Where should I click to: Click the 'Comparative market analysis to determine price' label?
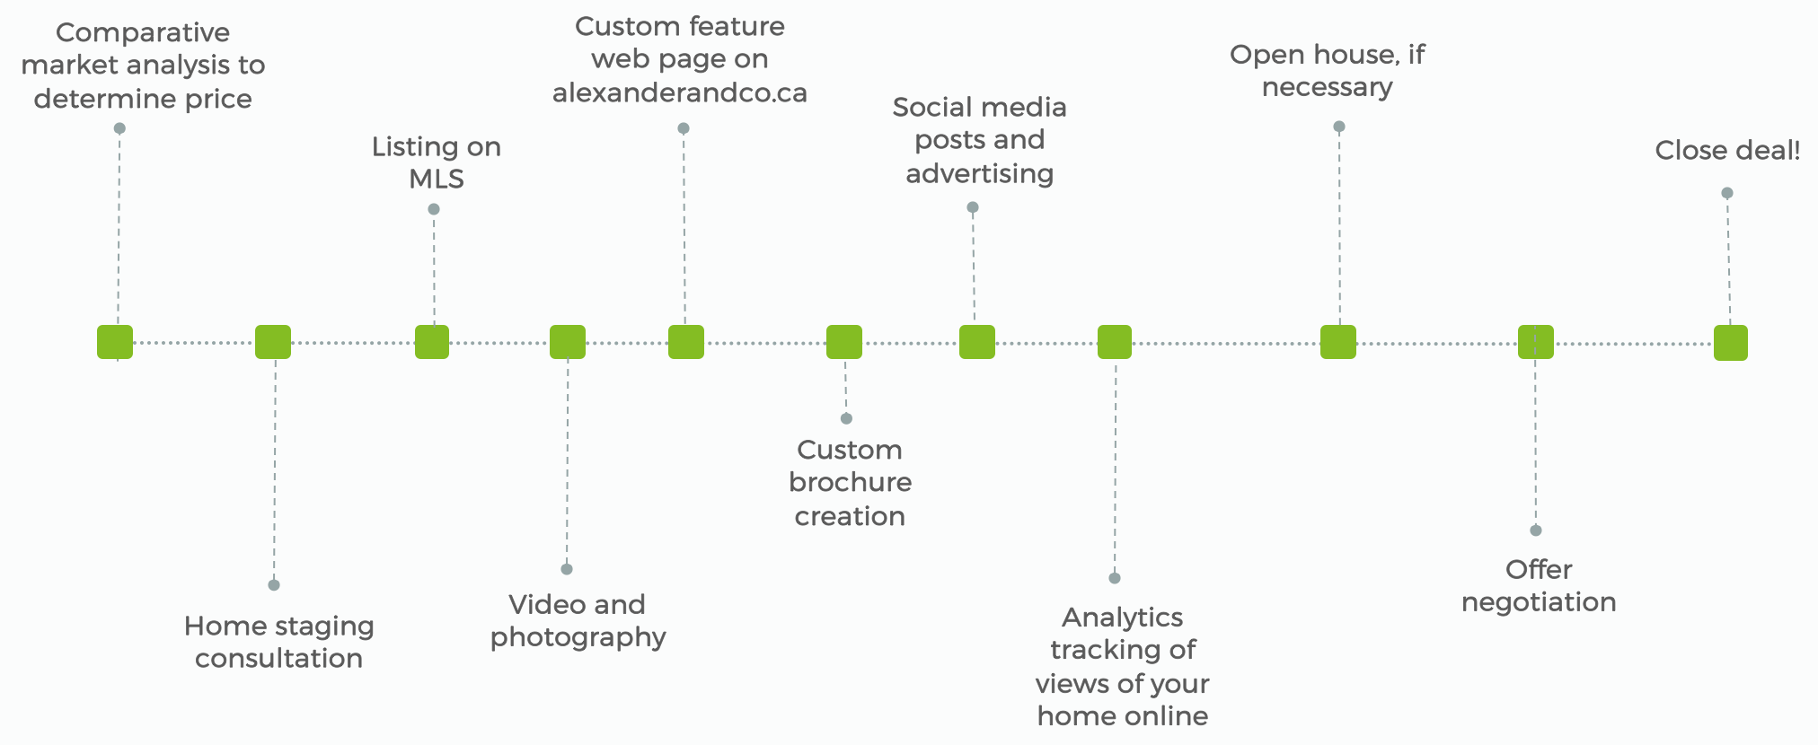pyautogui.click(x=143, y=66)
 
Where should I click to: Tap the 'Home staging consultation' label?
pyautogui.click(x=278, y=642)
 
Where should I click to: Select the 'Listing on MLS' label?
pyautogui.click(x=437, y=162)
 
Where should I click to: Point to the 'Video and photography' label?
pyautogui.click(x=578, y=620)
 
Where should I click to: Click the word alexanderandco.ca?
pyautogui.click(x=680, y=92)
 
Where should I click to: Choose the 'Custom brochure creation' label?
pyautogui.click(x=850, y=483)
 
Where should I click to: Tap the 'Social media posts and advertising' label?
pyautogui.click(x=979, y=140)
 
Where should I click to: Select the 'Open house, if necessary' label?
pyautogui.click(x=1327, y=70)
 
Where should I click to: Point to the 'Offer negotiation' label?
pyautogui.click(x=1539, y=585)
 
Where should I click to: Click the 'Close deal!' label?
pyautogui.click(x=1727, y=150)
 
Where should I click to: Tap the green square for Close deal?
pyautogui.click(x=1731, y=343)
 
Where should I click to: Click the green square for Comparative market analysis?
pyautogui.click(x=115, y=342)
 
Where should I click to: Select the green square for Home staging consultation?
pyautogui.click(x=273, y=342)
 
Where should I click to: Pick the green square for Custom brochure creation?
pyautogui.click(x=844, y=342)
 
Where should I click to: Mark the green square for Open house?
pyautogui.click(x=1338, y=342)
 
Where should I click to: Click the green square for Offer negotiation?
pyautogui.click(x=1536, y=342)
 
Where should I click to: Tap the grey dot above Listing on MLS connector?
pyautogui.click(x=434, y=209)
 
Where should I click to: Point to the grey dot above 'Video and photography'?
pyautogui.click(x=567, y=569)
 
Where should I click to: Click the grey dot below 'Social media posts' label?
pyautogui.click(x=973, y=207)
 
